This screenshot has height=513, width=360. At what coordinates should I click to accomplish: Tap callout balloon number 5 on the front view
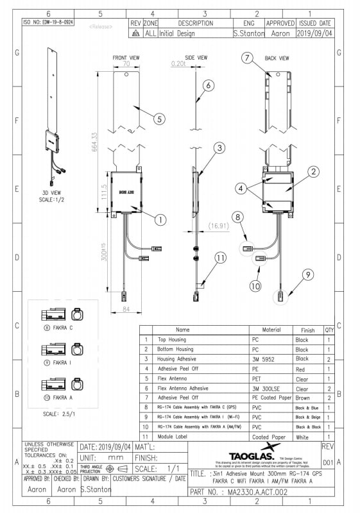coord(160,118)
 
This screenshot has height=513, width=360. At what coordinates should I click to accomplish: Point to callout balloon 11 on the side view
coord(221,258)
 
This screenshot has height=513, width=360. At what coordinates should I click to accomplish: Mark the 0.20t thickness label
coord(178,64)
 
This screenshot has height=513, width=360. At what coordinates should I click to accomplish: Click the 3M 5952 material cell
coord(263,360)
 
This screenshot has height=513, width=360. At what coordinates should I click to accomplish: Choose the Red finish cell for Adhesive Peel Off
coord(301,369)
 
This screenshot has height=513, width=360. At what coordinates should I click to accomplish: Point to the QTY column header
coord(329,330)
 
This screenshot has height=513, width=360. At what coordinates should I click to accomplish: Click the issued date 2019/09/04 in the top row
coord(314,33)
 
